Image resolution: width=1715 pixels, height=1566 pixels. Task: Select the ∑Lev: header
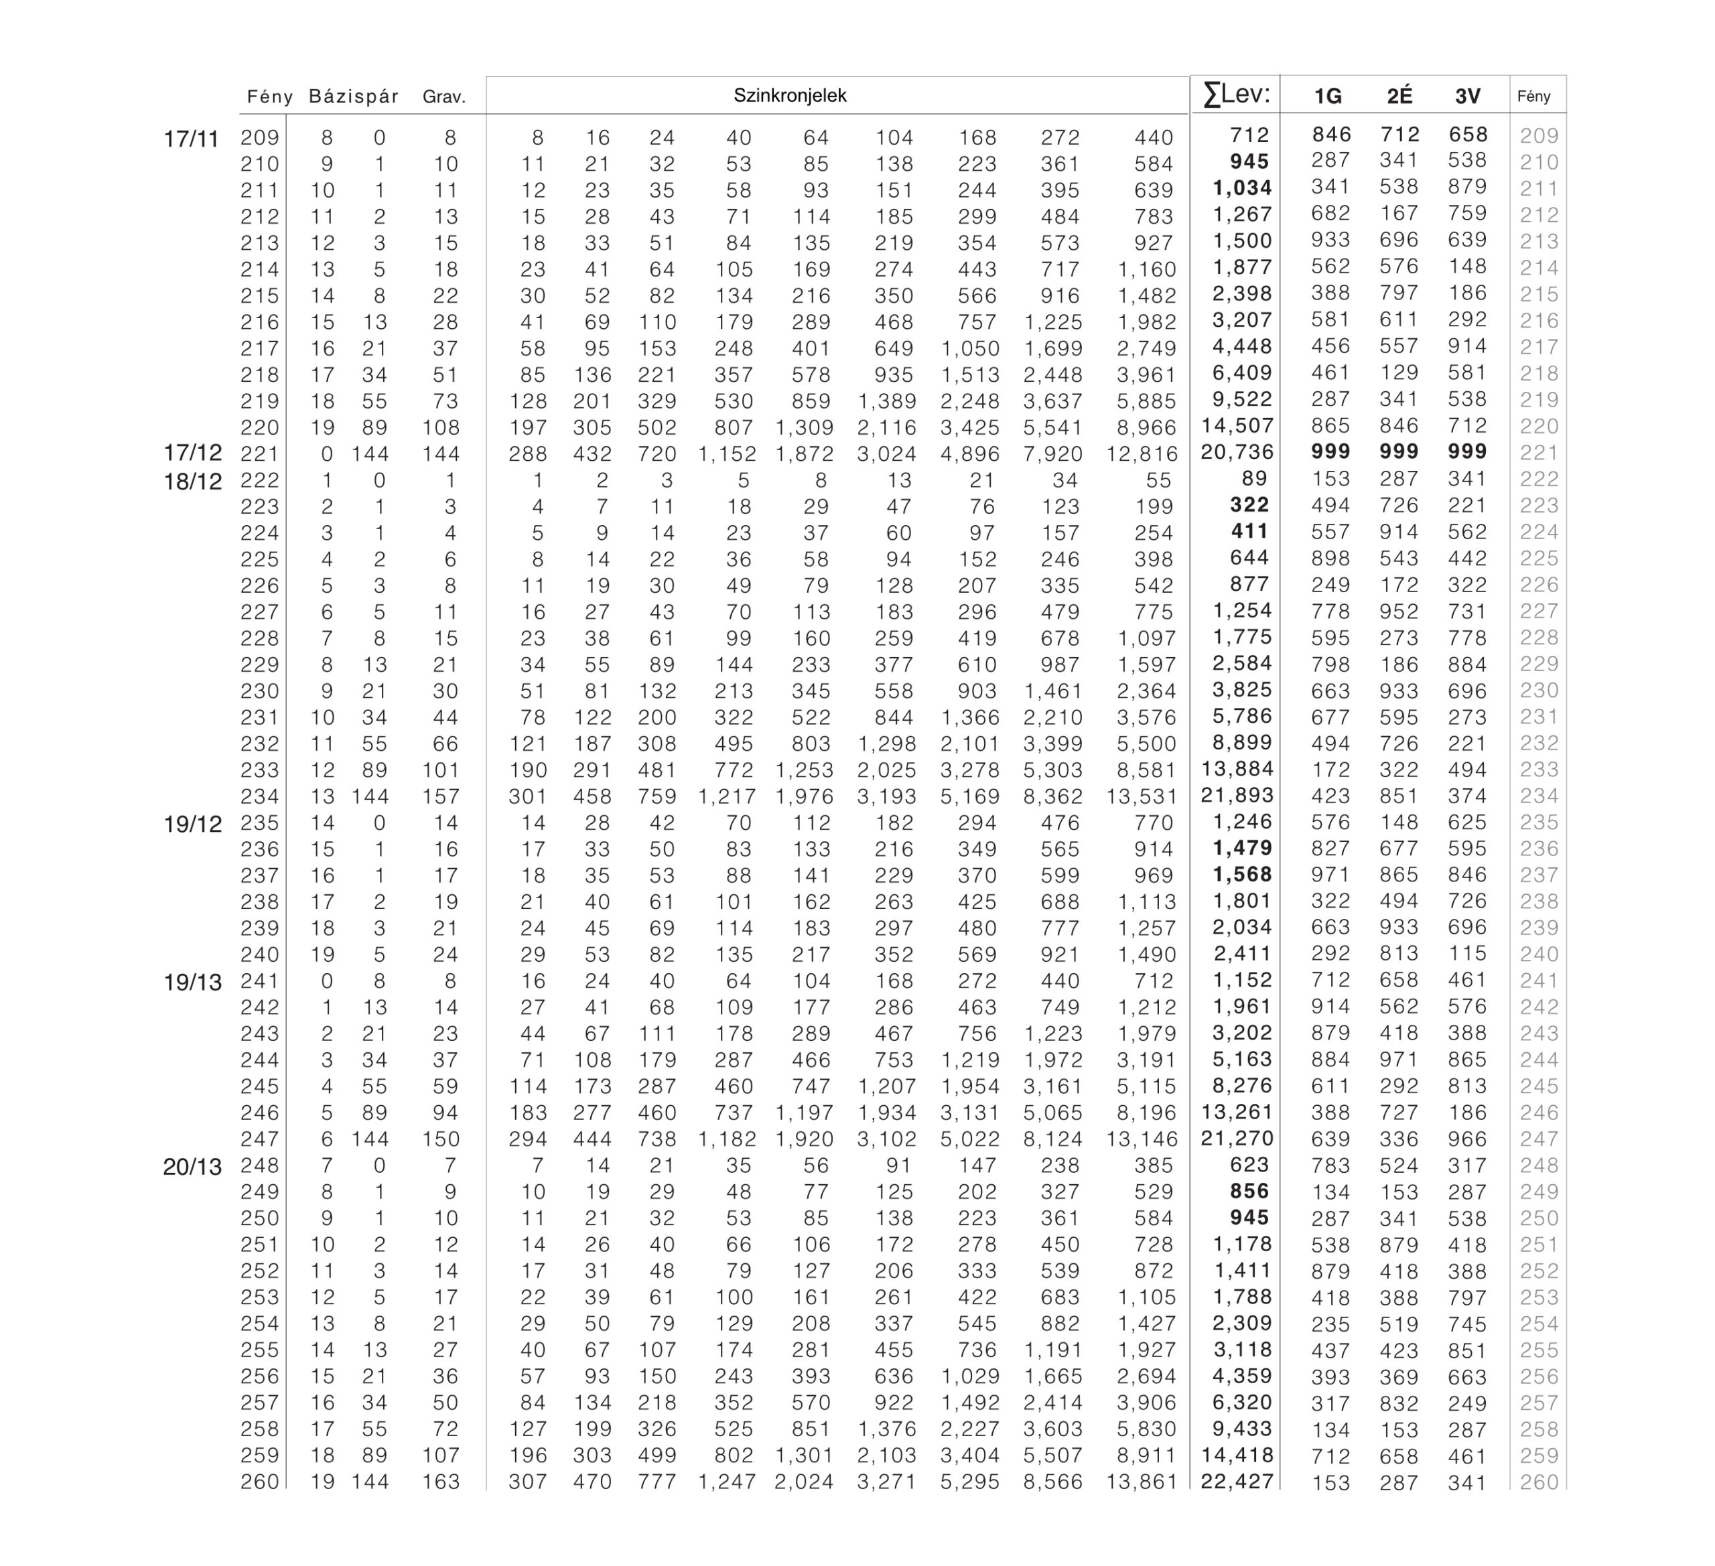[x=1236, y=94]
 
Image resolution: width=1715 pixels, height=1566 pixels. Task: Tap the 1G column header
[x=1328, y=97]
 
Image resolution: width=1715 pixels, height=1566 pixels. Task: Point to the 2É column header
[x=1399, y=97]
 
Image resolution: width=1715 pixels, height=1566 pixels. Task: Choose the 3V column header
[x=1467, y=97]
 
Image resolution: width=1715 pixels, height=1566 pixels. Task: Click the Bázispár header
[x=354, y=97]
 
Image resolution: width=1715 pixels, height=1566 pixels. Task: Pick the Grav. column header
[x=444, y=97]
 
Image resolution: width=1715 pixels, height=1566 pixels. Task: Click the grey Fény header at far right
[x=1534, y=97]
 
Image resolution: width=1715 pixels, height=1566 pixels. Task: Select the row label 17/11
[x=192, y=139]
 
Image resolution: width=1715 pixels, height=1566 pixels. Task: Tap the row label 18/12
[x=192, y=482]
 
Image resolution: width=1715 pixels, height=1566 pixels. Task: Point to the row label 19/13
[x=192, y=983]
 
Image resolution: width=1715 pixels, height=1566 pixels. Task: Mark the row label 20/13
[x=192, y=1167]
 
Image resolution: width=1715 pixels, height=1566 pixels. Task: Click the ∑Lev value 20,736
[x=1237, y=453]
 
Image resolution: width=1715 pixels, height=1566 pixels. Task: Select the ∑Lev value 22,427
[x=1237, y=1482]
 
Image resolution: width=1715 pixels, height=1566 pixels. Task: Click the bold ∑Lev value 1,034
[x=1242, y=189]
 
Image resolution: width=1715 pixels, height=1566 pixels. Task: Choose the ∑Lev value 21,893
[x=1237, y=795]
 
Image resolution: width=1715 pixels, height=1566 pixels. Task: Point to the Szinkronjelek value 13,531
[x=1142, y=798]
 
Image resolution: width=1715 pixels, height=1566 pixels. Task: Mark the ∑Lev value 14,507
[x=1237, y=426]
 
